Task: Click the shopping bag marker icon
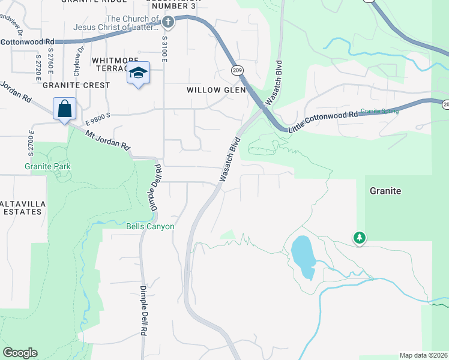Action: tap(64, 109)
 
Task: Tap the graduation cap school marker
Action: tap(138, 73)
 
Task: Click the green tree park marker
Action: tap(360, 238)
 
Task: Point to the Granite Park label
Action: tap(47, 166)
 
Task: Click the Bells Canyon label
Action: tap(150, 226)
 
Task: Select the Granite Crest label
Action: tap(76, 85)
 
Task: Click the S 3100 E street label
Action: tap(164, 49)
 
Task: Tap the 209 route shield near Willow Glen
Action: tap(238, 71)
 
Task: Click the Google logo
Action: tap(20, 353)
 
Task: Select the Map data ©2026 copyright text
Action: tap(423, 355)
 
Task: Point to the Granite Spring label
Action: tap(380, 111)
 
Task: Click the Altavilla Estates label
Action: tap(22, 208)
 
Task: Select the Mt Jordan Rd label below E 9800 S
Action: tap(107, 141)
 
